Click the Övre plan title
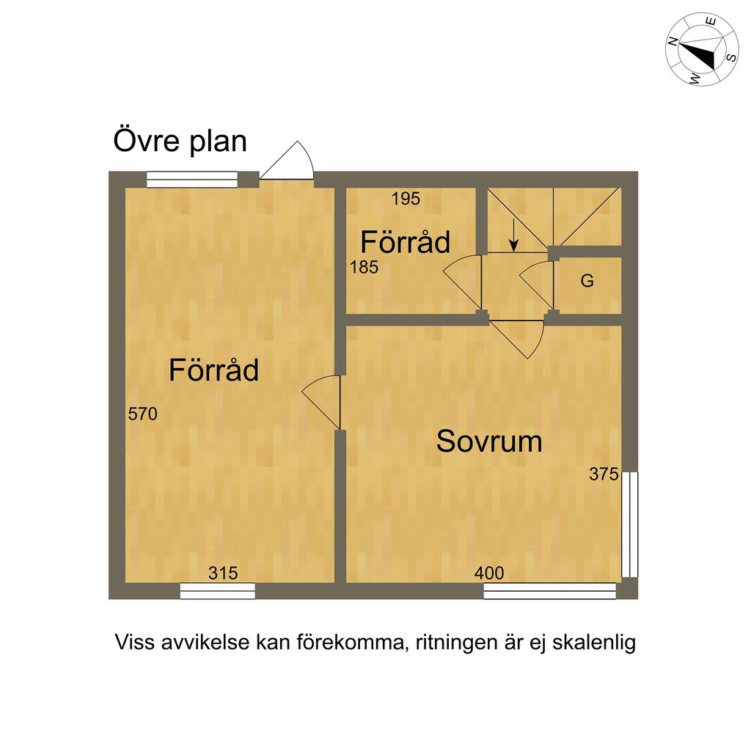click(180, 142)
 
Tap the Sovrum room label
click(489, 442)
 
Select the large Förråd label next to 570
click(213, 370)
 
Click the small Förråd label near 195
click(405, 242)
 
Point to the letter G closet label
click(587, 281)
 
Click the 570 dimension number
click(142, 414)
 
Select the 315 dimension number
click(223, 574)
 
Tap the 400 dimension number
click(489, 574)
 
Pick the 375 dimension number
click(604, 475)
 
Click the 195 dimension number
click(406, 199)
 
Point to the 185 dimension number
click(364, 268)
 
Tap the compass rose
click(702, 49)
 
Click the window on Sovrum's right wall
click(629, 524)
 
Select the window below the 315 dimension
click(218, 590)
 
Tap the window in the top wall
click(192, 179)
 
